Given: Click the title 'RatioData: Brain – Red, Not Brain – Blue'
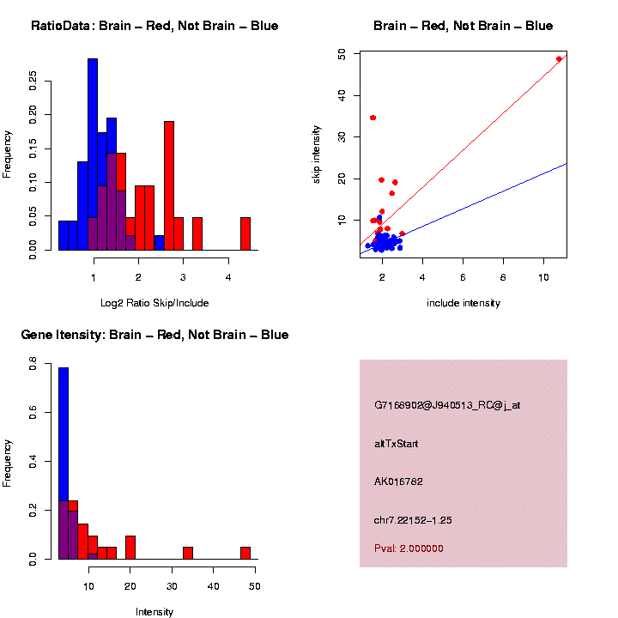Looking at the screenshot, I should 154,26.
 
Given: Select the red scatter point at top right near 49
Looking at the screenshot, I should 559,59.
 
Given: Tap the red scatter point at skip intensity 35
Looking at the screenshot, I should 373,118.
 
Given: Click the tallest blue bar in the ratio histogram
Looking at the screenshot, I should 93,154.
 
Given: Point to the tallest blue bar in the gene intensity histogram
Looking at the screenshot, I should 64,463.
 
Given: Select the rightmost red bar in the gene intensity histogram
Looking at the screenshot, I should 245,553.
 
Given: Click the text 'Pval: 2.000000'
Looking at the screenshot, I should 409,548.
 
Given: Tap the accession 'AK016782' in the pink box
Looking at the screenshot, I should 398,482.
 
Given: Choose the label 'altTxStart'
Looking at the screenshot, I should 397,444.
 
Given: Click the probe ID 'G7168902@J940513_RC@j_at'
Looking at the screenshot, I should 447,405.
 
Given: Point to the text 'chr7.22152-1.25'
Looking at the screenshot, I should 413,520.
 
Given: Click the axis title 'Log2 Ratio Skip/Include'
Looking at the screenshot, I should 154,303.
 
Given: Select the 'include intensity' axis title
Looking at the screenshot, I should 463,303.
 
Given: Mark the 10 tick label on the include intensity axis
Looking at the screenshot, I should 542,278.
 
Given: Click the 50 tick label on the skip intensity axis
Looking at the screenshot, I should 342,54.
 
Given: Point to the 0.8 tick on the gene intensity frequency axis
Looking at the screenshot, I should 33,367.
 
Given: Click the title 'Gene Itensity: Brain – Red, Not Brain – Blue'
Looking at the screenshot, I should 154,335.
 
